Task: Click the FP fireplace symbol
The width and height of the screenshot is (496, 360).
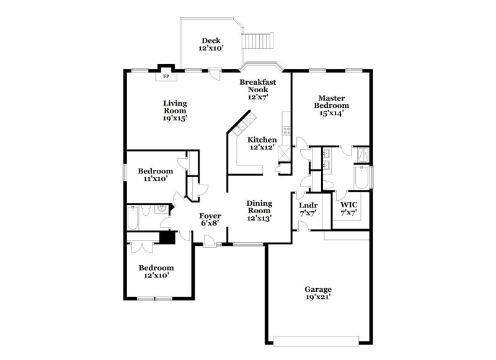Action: pos(166,77)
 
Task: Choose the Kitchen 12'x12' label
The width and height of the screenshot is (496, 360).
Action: pos(262,143)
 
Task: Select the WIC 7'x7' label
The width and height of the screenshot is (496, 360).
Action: pos(348,208)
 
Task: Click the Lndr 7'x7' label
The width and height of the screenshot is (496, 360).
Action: pos(308,209)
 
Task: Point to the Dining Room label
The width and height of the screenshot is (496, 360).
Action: pos(259,211)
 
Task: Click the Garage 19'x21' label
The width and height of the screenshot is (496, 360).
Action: pos(317,293)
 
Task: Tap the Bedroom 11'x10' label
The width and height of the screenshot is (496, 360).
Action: pos(155,175)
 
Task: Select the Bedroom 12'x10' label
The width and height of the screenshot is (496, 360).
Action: pos(156,271)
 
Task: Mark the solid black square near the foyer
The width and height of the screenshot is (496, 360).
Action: pos(166,237)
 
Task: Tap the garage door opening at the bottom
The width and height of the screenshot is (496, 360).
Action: pos(317,340)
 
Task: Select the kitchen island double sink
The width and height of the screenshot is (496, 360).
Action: pos(241,124)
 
